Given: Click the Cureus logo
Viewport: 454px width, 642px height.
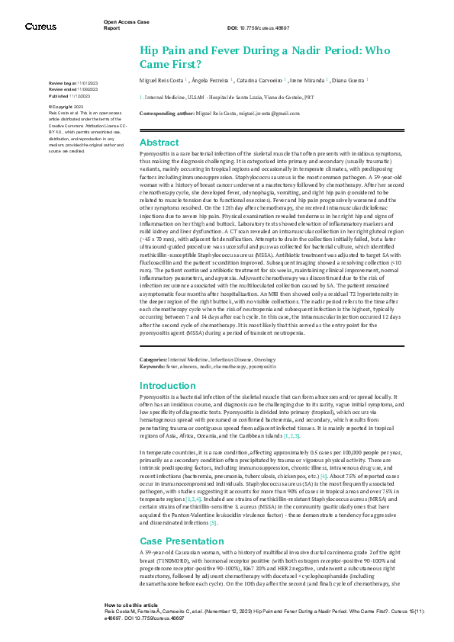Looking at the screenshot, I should (x=40, y=26).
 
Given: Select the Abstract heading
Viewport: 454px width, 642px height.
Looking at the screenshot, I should (x=159, y=143).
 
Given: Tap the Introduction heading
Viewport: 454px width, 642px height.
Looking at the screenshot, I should (x=168, y=386).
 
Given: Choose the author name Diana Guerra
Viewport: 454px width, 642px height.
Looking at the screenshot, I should (x=349, y=79).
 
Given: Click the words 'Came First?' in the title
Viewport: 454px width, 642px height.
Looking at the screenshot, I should (x=170, y=63).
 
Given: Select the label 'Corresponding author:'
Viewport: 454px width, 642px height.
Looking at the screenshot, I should (x=169, y=112).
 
